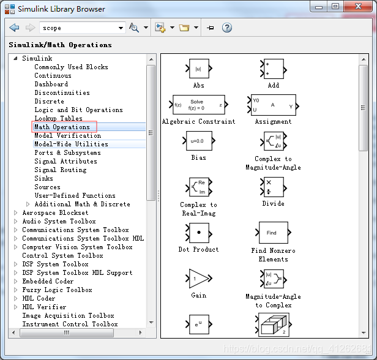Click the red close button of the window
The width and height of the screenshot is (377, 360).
point(358,6)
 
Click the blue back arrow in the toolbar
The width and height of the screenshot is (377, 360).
point(14,28)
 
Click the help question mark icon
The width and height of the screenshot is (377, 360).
point(226,28)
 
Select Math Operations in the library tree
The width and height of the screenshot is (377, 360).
point(62,127)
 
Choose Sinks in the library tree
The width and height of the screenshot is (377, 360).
point(43,178)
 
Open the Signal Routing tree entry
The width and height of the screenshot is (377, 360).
point(61,170)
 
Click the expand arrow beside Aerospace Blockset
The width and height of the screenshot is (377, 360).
point(16,212)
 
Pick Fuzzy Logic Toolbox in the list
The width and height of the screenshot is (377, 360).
point(57,290)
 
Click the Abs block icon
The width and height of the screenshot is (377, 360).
point(199,69)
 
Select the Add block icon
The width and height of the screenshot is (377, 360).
point(274,69)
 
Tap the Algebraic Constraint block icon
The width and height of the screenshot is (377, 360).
point(198,105)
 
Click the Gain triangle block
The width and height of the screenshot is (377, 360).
point(199,279)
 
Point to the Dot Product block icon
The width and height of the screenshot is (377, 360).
point(199,233)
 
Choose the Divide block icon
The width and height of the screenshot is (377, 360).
point(274,187)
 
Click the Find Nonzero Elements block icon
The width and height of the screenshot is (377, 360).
point(274,233)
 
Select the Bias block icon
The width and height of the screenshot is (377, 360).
point(199,141)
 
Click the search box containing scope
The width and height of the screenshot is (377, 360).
point(82,28)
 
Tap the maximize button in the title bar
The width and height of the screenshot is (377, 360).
point(335,6)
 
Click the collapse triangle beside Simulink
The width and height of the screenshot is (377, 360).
point(16,58)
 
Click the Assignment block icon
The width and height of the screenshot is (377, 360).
point(274,105)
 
